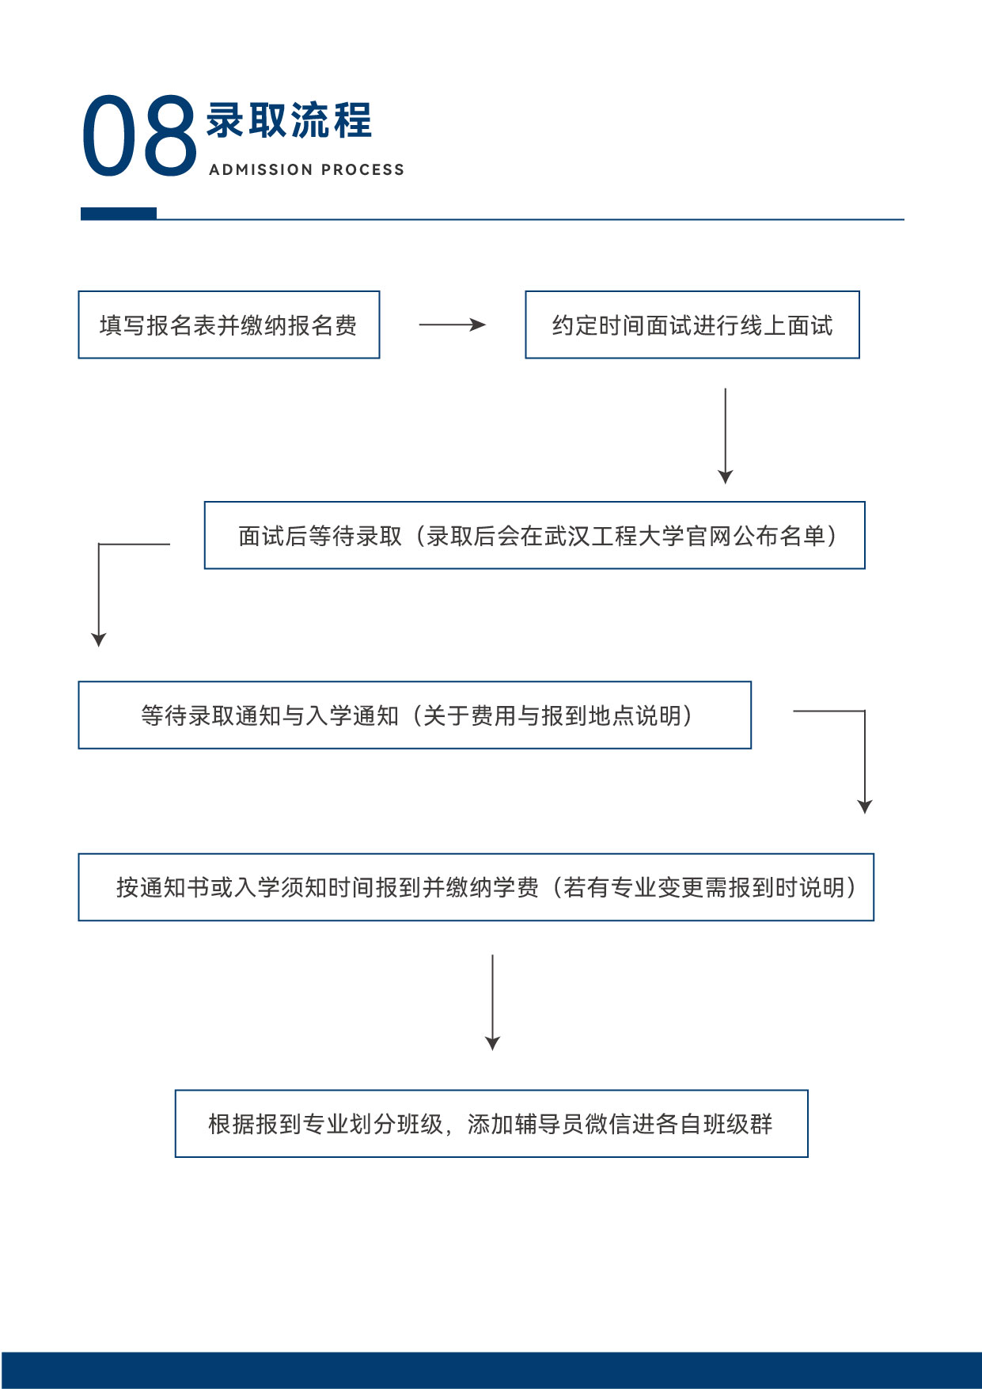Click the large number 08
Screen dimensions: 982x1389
139,135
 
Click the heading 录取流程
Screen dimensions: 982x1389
289,120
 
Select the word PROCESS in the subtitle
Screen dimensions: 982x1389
363,169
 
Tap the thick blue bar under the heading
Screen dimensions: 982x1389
119,214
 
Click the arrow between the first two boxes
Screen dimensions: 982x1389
452,324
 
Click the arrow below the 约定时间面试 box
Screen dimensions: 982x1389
726,435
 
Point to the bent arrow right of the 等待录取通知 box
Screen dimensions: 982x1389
865,752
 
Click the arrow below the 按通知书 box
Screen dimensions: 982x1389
493,1002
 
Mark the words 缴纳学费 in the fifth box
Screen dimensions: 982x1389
492,887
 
